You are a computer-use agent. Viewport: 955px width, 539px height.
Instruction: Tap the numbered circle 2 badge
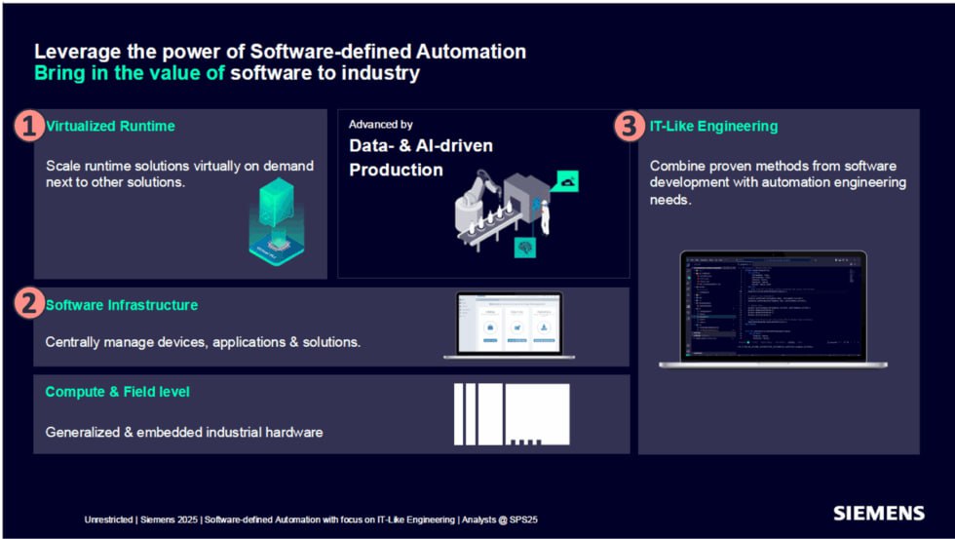pos(30,304)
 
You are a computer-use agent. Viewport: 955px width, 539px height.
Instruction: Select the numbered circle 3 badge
pos(629,126)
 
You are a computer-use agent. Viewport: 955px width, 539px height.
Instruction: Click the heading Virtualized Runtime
pos(110,126)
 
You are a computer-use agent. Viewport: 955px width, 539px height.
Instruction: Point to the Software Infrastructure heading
pos(121,305)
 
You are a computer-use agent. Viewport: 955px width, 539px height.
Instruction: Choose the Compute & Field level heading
pos(117,392)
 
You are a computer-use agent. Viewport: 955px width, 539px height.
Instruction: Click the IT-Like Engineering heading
pos(713,126)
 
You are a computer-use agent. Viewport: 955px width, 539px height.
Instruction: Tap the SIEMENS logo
pos(878,513)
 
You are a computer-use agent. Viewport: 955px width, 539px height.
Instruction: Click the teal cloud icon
pos(566,181)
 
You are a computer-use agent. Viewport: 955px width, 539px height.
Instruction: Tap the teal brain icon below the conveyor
pos(525,248)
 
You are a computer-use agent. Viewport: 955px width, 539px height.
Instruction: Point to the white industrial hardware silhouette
pos(512,414)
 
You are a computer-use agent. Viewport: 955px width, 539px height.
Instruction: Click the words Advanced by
pos(380,125)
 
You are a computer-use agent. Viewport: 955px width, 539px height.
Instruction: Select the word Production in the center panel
pos(396,171)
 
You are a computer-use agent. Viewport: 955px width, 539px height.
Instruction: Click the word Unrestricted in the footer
pos(108,520)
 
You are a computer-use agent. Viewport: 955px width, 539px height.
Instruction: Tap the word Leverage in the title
pos(73,52)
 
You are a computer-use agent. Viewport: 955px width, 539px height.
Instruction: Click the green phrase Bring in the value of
pos(130,73)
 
